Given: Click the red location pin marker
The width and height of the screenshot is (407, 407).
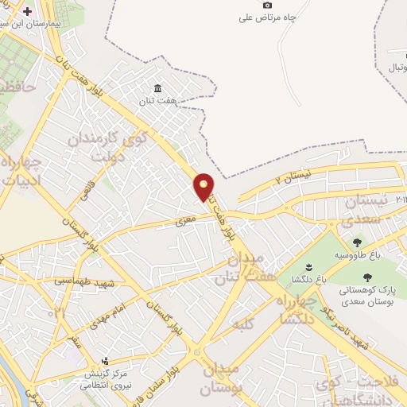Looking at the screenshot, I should (203, 187).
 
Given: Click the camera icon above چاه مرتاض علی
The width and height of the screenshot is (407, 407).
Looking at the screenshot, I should (267, 5).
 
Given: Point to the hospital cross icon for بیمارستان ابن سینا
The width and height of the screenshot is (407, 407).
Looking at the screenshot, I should (29, 13).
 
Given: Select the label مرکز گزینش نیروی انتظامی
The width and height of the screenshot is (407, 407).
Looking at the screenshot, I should (103, 378).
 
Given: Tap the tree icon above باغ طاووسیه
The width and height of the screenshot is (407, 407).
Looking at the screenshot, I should (356, 242).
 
